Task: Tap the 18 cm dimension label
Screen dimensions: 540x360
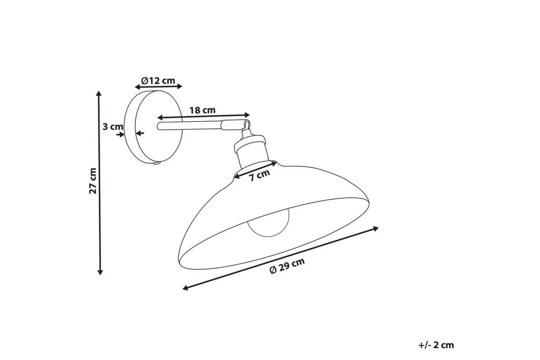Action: tap(202, 110)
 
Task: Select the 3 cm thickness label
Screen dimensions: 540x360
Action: tap(113, 127)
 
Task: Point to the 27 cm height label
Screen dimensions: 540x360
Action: tap(93, 181)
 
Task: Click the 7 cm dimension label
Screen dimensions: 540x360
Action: tap(260, 175)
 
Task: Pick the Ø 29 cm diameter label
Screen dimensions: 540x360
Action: tap(287, 266)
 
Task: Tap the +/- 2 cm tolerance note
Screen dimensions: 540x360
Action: tap(436, 345)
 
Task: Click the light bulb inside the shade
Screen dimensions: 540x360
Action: tap(269, 222)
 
